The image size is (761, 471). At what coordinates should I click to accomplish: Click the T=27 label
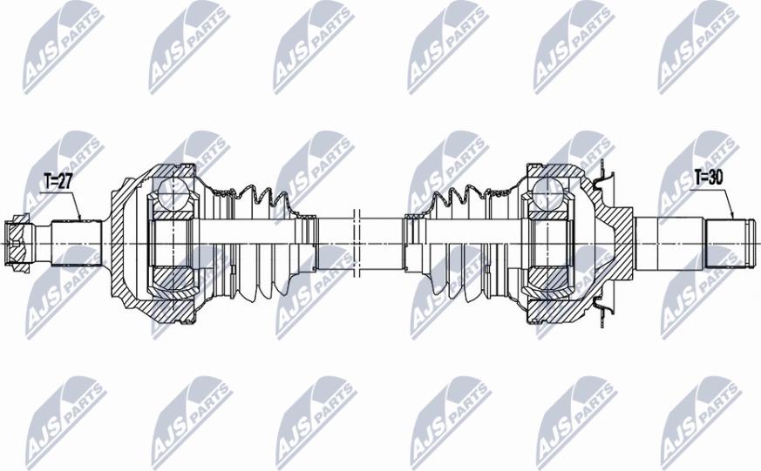[x=58, y=182]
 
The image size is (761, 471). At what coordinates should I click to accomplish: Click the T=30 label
[x=709, y=178]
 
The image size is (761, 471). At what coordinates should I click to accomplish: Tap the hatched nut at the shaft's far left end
[x=16, y=242]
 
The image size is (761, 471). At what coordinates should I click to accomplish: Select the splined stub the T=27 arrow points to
[x=76, y=243]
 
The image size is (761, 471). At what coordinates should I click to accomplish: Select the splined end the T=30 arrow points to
[x=729, y=243]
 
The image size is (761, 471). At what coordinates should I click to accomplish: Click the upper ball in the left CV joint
[x=173, y=192]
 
